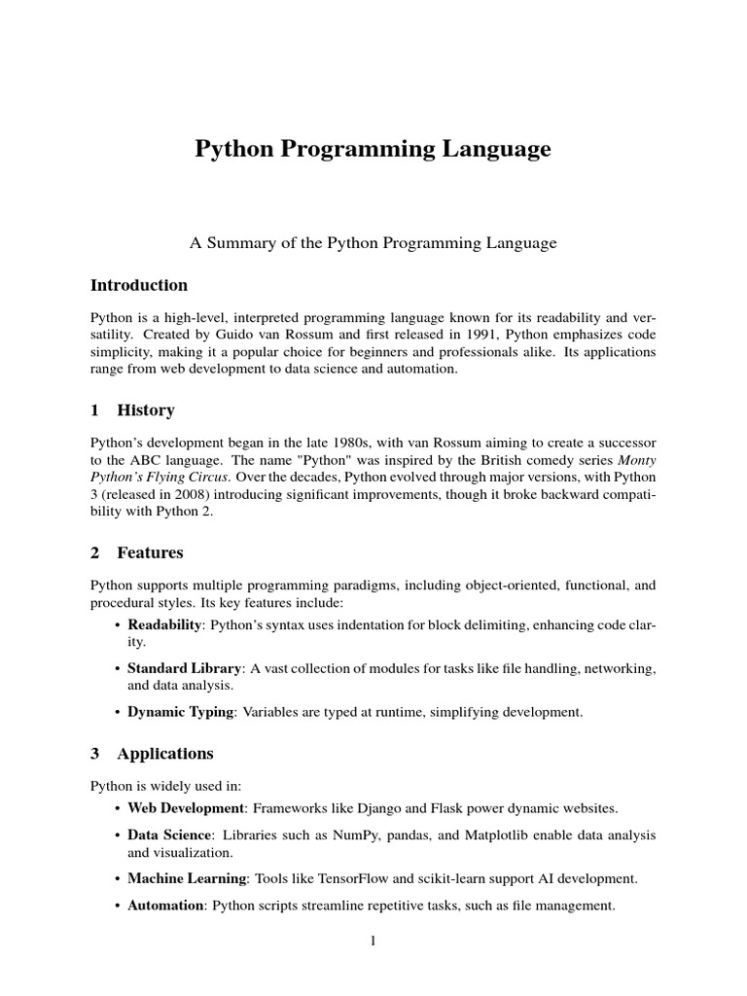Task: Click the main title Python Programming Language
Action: pyautogui.click(x=373, y=150)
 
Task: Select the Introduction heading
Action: pyautogui.click(x=139, y=285)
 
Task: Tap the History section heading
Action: pyautogui.click(x=146, y=410)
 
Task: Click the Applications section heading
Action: pyautogui.click(x=165, y=754)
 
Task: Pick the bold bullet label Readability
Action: pyautogui.click(x=164, y=624)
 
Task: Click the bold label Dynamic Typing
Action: pyautogui.click(x=181, y=712)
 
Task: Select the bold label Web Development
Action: pyautogui.click(x=186, y=808)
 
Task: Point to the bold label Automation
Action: pyautogui.click(x=166, y=906)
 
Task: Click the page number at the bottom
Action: pyautogui.click(x=373, y=941)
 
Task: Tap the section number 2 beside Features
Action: pyautogui.click(x=95, y=553)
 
